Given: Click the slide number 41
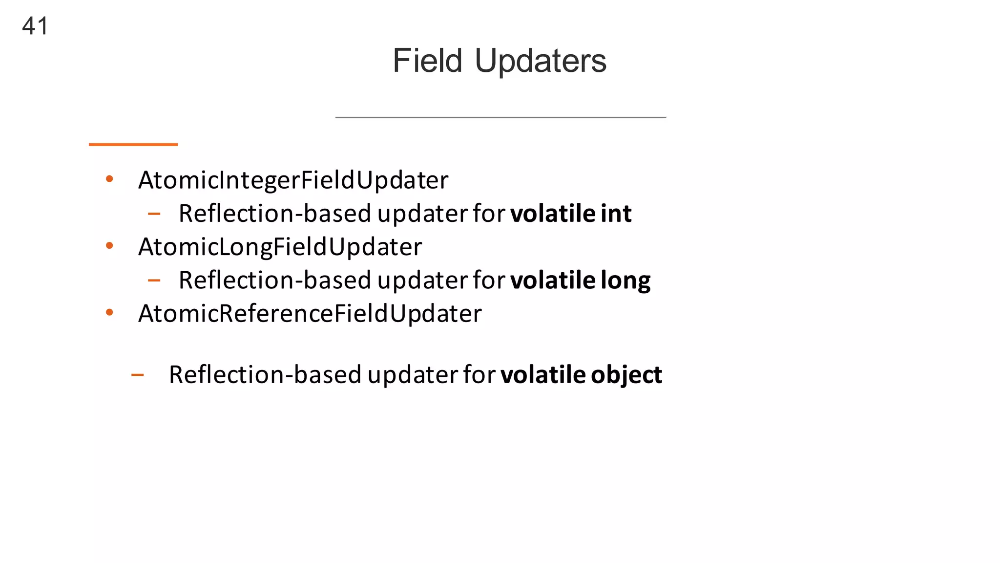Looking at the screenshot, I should [x=35, y=26].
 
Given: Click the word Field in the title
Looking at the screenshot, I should [x=427, y=61].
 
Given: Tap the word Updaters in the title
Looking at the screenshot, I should [x=540, y=61].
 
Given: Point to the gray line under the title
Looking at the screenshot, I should [x=500, y=117].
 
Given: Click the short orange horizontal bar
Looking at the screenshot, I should [x=133, y=144].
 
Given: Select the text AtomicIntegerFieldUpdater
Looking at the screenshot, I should [x=293, y=180].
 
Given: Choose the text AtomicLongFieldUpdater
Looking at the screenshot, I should [x=280, y=246].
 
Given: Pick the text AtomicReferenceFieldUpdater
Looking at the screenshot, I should [x=310, y=313].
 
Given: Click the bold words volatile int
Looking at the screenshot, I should [x=571, y=214].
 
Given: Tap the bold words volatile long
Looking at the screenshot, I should [x=580, y=280].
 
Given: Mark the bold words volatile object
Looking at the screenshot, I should [x=581, y=374].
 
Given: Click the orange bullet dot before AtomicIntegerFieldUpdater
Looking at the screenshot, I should [x=109, y=179].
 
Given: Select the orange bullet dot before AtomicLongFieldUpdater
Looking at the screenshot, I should [x=109, y=245].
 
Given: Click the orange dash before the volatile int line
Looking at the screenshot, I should [x=154, y=214].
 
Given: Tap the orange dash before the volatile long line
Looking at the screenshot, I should [x=154, y=280].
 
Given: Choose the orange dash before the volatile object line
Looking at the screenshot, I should [x=137, y=375].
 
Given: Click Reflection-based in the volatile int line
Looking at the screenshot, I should [x=275, y=214].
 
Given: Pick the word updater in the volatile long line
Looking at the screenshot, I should [x=422, y=280].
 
